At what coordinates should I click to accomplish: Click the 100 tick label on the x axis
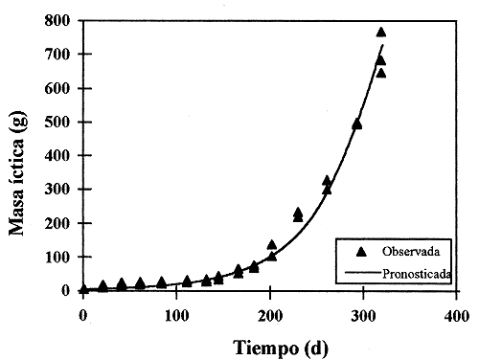click(x=176, y=313)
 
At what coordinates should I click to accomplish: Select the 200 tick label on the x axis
click(x=270, y=313)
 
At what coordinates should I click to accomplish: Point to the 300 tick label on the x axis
click(x=363, y=313)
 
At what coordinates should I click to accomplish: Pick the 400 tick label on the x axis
click(x=456, y=313)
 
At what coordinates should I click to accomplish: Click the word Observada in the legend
click(x=410, y=252)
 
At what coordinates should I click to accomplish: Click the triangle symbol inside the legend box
click(x=362, y=252)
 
